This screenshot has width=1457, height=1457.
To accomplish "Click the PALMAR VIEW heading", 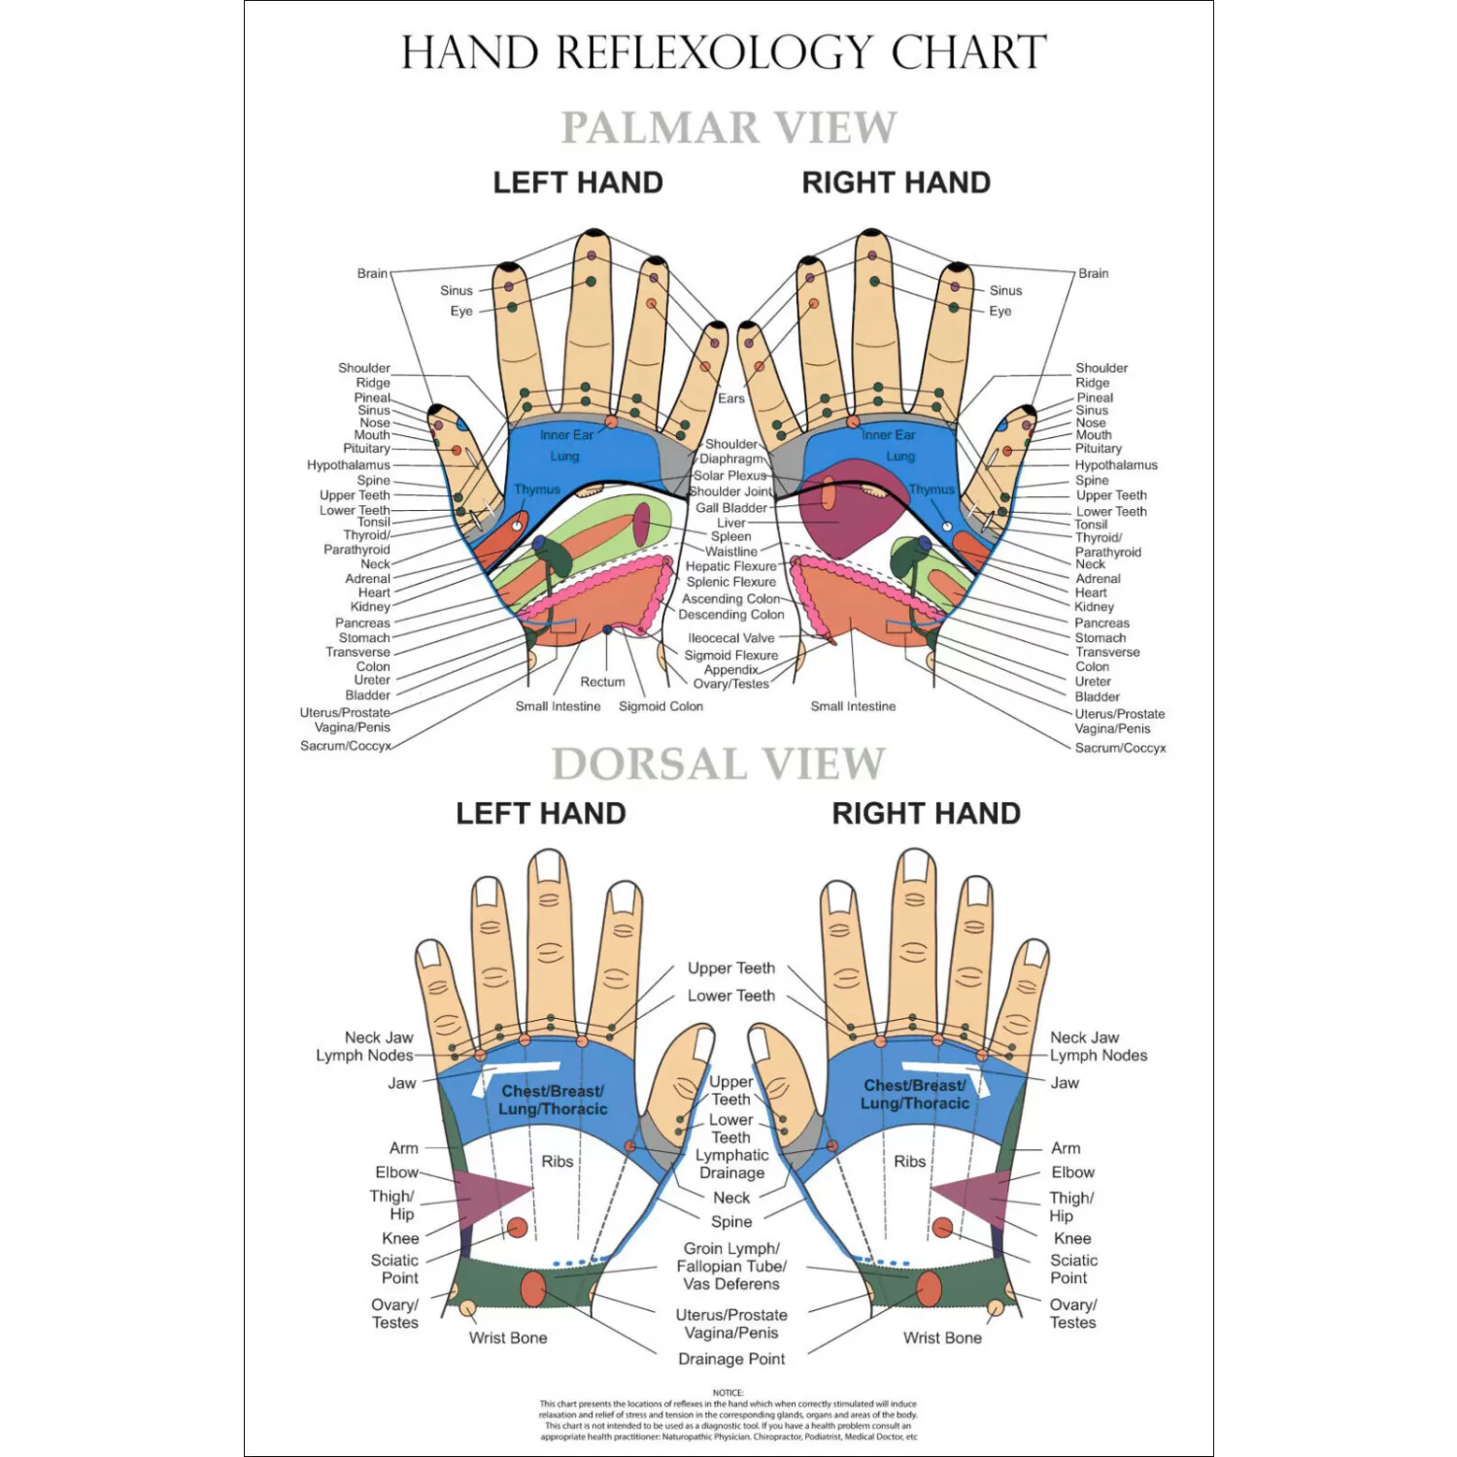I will click(x=728, y=127).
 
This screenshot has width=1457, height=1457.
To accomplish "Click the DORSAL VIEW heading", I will click(x=719, y=764).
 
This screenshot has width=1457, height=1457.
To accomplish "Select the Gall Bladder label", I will click(x=731, y=508).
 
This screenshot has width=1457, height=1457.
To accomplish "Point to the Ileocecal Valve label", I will click(x=731, y=638).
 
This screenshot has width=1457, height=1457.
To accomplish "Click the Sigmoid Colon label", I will click(x=661, y=706).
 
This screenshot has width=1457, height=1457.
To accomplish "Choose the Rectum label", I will click(x=602, y=682).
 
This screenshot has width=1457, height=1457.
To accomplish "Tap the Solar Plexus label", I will click(x=729, y=475).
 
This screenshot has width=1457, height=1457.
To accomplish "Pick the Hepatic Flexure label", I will click(x=731, y=566).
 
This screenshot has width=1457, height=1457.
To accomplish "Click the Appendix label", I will click(x=730, y=669).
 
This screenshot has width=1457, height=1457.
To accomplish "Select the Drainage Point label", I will click(x=731, y=1359).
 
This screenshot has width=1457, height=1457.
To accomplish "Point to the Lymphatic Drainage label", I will click(x=731, y=1164).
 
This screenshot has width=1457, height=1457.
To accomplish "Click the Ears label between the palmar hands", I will click(x=731, y=398).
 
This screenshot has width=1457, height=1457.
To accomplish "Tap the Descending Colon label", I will click(x=731, y=615).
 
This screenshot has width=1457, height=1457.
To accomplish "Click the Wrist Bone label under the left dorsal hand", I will click(x=508, y=1338).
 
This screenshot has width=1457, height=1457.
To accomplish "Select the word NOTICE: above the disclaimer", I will click(x=728, y=1393).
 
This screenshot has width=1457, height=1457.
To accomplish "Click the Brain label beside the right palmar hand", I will click(x=1093, y=273).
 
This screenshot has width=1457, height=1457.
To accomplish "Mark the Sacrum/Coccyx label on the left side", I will click(x=345, y=746).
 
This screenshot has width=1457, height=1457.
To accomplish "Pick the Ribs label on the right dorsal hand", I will click(x=909, y=1161).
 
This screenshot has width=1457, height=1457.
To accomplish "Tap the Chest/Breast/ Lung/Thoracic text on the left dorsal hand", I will click(x=553, y=1100).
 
